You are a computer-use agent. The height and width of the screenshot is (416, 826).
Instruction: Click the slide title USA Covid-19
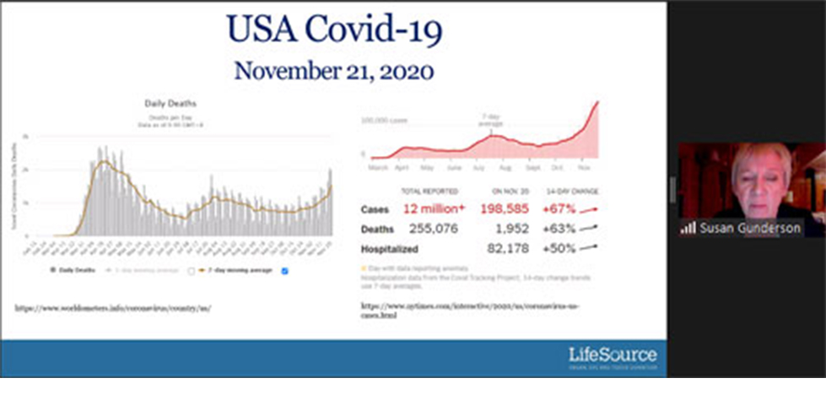point(334,30)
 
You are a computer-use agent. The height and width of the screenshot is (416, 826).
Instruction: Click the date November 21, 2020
point(334,69)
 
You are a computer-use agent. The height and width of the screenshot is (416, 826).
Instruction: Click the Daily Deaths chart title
point(171,104)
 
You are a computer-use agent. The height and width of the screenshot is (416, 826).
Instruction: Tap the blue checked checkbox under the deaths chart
point(284,271)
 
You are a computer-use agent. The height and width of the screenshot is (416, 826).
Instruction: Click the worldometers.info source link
point(112,308)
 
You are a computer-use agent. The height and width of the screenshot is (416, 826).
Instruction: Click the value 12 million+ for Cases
point(434,209)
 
